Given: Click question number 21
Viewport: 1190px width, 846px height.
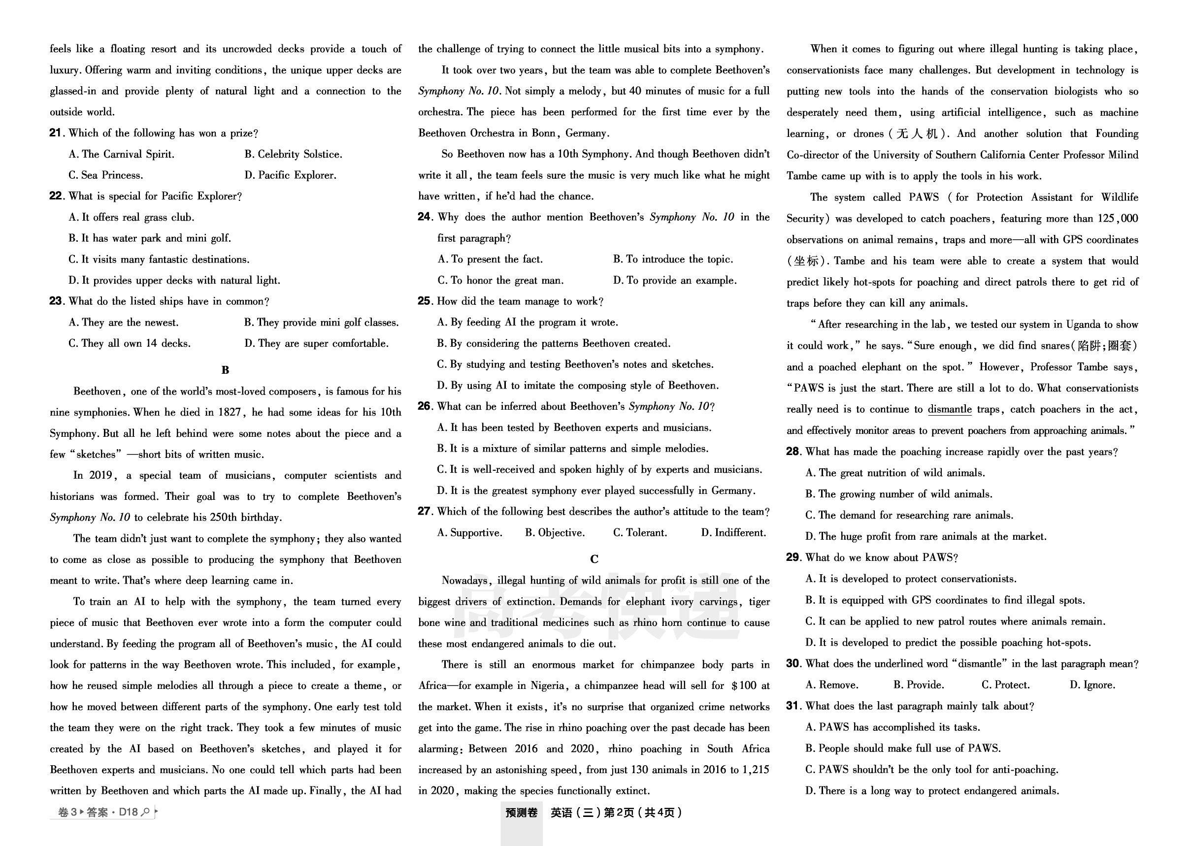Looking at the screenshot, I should tap(56, 133).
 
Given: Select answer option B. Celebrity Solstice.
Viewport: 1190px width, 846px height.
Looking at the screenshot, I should tap(294, 154).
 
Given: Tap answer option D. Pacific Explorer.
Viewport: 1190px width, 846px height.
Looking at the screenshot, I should tap(290, 175).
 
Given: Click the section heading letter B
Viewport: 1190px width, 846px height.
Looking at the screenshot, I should tap(225, 370).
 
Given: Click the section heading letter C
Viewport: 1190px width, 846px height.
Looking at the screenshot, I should tap(594, 559).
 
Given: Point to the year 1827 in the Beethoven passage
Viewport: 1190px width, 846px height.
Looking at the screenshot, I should tap(229, 412).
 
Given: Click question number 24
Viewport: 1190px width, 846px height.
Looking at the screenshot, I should tap(424, 217).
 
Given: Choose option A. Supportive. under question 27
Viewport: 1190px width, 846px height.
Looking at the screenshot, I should tap(469, 532).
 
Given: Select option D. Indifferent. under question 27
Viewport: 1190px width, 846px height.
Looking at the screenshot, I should tap(733, 532).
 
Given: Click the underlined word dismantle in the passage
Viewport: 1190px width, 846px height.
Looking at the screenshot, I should tap(949, 409).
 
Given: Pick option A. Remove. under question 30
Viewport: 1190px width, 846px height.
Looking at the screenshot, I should tap(831, 684).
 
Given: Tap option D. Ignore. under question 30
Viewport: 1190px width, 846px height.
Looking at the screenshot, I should tap(1092, 684).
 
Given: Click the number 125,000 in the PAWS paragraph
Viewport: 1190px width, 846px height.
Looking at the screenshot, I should tap(1118, 218).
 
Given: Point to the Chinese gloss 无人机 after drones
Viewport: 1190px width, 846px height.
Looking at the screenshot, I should tap(917, 133).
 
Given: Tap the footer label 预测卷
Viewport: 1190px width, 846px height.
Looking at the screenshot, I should tap(521, 813).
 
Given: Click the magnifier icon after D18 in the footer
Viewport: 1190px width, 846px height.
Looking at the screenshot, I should tap(146, 812).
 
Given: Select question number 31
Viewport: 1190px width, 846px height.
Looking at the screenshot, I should tap(793, 706).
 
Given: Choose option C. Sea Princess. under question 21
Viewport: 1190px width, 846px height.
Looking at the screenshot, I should tap(106, 175).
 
